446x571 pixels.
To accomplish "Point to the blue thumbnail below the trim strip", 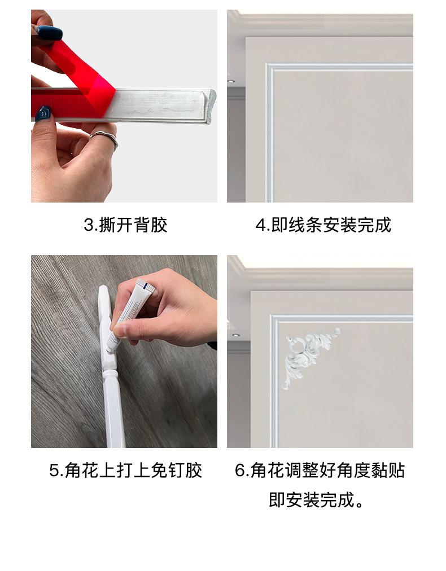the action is pyautogui.click(x=43, y=113).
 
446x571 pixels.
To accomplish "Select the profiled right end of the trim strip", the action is pyautogui.click(x=210, y=106).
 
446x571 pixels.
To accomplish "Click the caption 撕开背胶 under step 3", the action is pyautogui.click(x=133, y=225).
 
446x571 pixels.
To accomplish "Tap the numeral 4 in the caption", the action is pyautogui.click(x=260, y=225).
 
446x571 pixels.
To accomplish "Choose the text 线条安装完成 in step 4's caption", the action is pyautogui.click(x=340, y=225).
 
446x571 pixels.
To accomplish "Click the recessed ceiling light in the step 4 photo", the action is pyautogui.click(x=231, y=81).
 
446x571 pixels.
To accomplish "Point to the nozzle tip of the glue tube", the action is pyautogui.click(x=108, y=350).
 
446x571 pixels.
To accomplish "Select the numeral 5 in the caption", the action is pyautogui.click(x=54, y=471).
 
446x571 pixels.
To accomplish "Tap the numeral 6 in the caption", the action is pyautogui.click(x=239, y=471).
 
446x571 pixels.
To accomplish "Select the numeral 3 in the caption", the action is pyautogui.click(x=89, y=225).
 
